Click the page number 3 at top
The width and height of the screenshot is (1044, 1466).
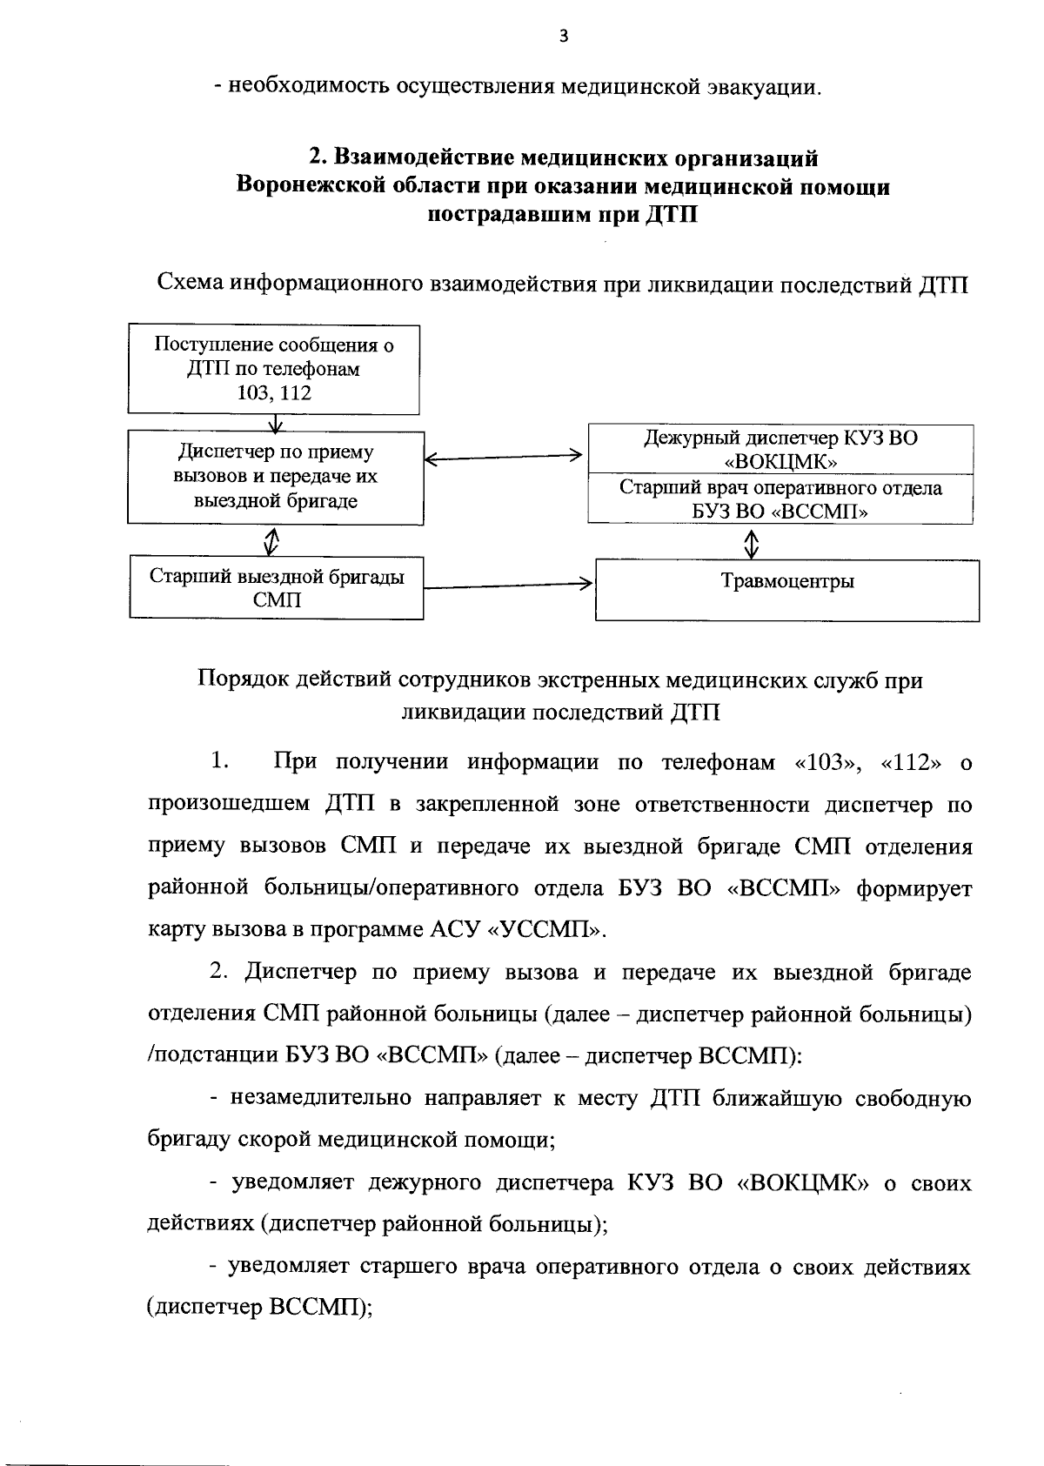[564, 36]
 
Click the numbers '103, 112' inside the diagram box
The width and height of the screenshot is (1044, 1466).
[274, 393]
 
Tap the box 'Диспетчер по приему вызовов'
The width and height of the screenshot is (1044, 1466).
[275, 477]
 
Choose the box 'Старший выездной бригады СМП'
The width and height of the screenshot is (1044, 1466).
[277, 587]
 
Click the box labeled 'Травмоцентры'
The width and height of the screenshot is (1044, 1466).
[787, 582]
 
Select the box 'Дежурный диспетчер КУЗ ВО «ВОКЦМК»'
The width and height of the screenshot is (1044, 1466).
[780, 449]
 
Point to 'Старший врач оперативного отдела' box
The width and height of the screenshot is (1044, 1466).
[780, 499]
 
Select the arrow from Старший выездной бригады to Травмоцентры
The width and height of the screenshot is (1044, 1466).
[509, 585]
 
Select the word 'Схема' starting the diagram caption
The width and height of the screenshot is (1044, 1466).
[189, 284]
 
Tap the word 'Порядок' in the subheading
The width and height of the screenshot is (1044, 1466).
[239, 679]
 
